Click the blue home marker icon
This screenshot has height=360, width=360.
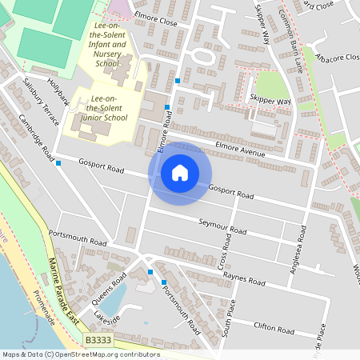180,172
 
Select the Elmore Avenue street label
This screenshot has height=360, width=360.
240,148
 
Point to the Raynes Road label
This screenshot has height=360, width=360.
244,279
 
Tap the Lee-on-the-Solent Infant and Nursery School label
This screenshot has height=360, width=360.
107,46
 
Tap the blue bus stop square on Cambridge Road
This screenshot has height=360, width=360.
59,163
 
